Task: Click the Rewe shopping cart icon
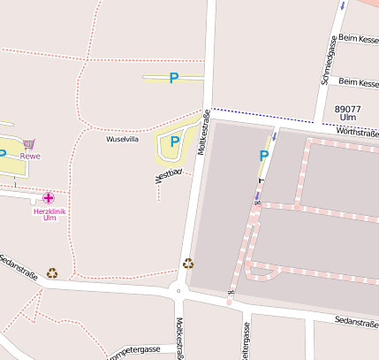pyautogui.click(x=29, y=144)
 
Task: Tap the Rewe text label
pyautogui.click(x=30, y=157)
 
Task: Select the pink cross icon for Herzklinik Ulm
pyautogui.click(x=48, y=198)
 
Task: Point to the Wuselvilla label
pyautogui.click(x=122, y=140)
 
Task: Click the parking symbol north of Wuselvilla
pyautogui.click(x=174, y=78)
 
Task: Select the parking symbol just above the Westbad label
pyautogui.click(x=174, y=141)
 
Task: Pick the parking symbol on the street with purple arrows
pyautogui.click(x=263, y=156)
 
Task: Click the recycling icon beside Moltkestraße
pyautogui.click(x=187, y=263)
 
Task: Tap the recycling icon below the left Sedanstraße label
pyautogui.click(x=52, y=273)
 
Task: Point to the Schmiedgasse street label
pyautogui.click(x=328, y=61)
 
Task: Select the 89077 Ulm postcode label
pyautogui.click(x=348, y=112)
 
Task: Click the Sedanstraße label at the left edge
pyautogui.click(x=18, y=264)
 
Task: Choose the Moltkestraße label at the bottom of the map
pyautogui.click(x=179, y=340)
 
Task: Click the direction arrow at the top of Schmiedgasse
pyautogui.click(x=342, y=6)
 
